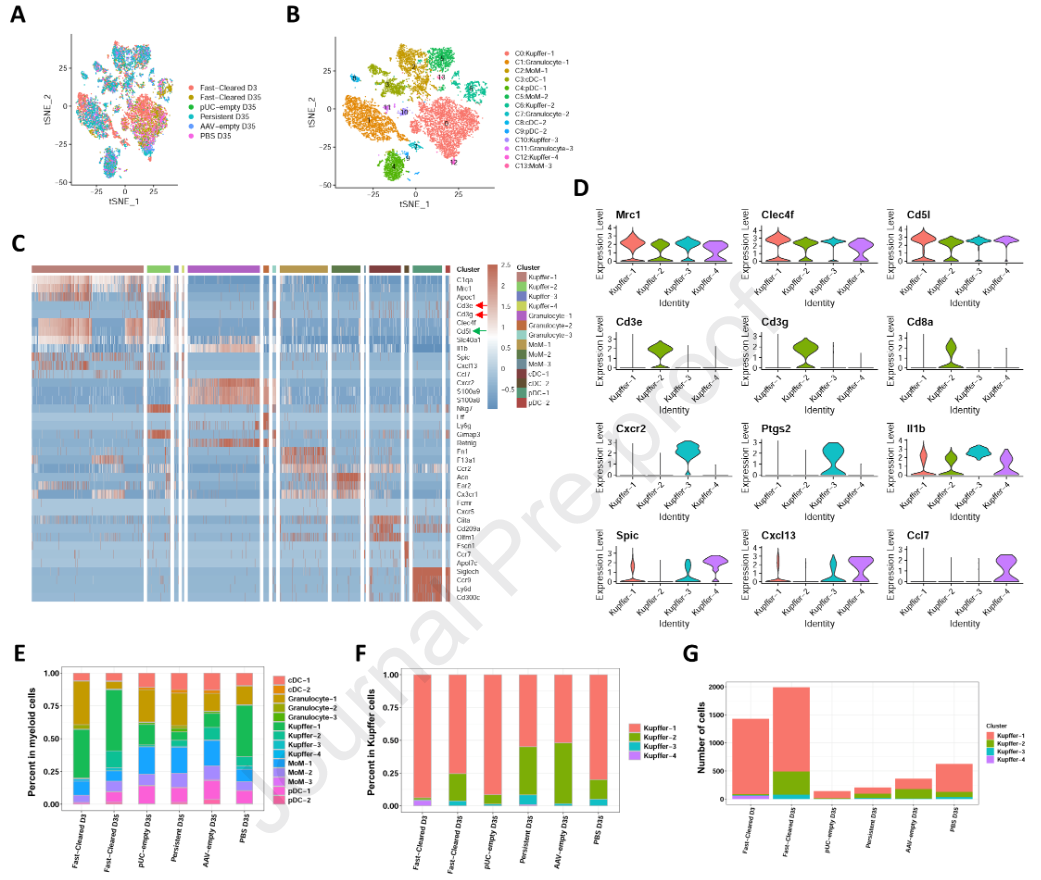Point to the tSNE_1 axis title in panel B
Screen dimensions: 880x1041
click(414, 205)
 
